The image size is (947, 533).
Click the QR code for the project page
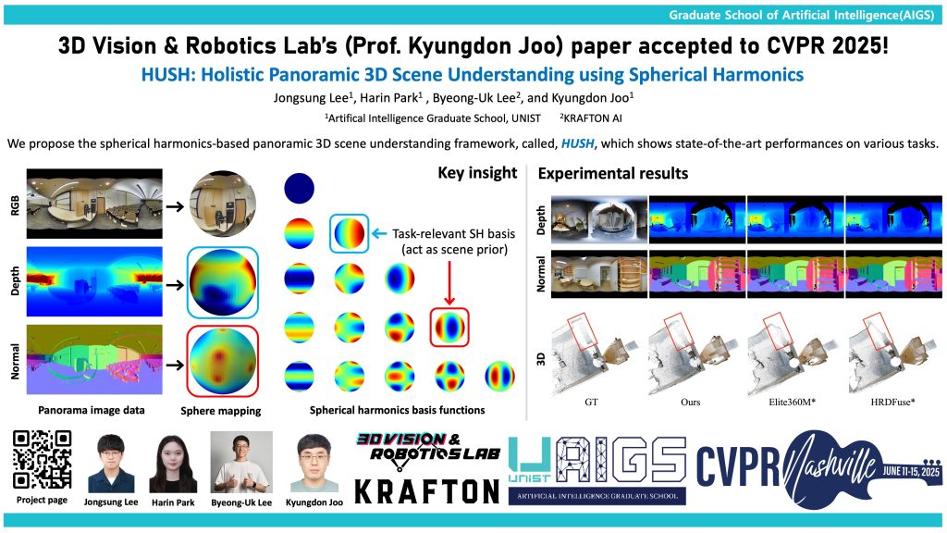(43, 459)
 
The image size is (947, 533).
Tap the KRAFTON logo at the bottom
(427, 491)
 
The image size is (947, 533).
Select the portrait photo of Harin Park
(173, 464)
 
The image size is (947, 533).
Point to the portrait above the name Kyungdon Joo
(314, 463)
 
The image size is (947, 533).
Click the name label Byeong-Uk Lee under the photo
(241, 502)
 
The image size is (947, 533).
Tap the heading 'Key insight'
(477, 173)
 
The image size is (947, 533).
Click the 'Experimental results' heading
(613, 173)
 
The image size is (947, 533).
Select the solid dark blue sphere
(300, 188)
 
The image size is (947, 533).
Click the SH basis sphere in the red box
(449, 327)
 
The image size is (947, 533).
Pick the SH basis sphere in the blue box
(349, 233)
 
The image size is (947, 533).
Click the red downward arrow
(449, 283)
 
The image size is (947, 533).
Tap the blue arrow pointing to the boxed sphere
(378, 233)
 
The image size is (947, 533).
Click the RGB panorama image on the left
(94, 204)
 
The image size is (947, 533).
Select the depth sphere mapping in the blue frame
(223, 283)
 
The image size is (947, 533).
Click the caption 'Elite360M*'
(792, 402)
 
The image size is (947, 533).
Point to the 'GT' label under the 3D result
(591, 402)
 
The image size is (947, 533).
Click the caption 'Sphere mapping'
(221, 411)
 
